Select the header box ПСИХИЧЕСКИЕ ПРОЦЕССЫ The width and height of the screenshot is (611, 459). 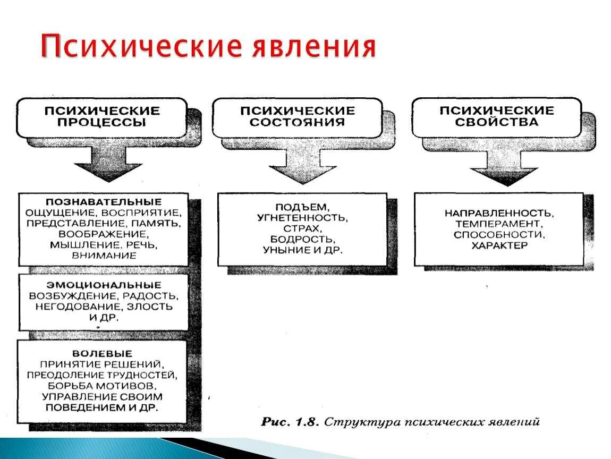click(101, 116)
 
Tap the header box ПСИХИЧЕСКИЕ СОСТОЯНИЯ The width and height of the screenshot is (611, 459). click(297, 116)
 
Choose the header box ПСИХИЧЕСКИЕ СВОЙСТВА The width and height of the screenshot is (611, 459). click(496, 116)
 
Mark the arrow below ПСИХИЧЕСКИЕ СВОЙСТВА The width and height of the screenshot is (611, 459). click(497, 170)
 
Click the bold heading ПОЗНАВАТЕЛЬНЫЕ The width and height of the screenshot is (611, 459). click(104, 202)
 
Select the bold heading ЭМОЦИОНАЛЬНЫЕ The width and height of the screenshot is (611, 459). click(104, 285)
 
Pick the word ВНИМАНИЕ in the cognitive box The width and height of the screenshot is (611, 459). click(104, 256)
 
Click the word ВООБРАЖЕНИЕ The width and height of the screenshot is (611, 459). click(104, 234)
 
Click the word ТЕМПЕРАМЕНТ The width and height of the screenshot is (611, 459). click(499, 224)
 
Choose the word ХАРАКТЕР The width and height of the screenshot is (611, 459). click(499, 245)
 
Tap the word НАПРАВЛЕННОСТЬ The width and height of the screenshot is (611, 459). click(499, 213)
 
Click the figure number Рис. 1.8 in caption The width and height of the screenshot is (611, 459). click(290, 422)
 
